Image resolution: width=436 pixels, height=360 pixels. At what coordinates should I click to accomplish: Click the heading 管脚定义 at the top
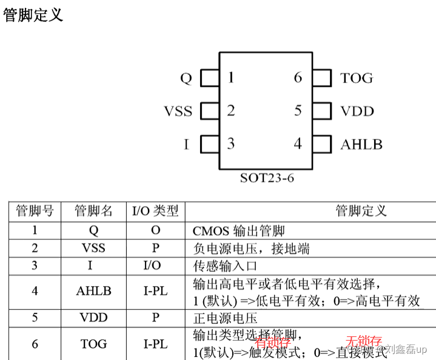pyautogui.click(x=33, y=15)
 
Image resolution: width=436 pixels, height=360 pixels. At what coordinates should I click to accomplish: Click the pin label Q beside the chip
pyautogui.click(x=186, y=78)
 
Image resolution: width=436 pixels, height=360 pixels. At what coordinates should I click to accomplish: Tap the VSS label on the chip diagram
pyautogui.click(x=178, y=112)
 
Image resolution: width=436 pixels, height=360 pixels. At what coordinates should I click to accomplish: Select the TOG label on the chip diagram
pyautogui.click(x=357, y=78)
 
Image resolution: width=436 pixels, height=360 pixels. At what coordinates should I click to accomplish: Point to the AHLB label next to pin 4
pyautogui.click(x=361, y=145)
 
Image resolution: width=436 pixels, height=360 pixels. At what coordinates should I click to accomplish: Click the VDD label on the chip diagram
pyautogui.click(x=357, y=112)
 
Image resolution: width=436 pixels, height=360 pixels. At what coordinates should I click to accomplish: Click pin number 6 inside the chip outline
pyautogui.click(x=298, y=78)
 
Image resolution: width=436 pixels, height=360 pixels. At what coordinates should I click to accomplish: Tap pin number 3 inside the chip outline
pyautogui.click(x=231, y=144)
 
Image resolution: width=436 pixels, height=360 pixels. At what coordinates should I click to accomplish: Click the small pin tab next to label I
pyautogui.click(x=209, y=144)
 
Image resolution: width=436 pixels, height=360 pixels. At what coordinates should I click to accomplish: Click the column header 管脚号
pyautogui.click(x=35, y=212)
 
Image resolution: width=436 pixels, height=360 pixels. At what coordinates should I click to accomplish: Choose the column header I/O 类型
pyautogui.click(x=155, y=212)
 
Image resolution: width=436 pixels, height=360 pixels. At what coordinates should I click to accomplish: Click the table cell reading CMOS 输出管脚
pyautogui.click(x=238, y=231)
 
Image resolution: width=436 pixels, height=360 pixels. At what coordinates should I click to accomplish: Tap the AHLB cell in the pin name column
pyautogui.click(x=93, y=291)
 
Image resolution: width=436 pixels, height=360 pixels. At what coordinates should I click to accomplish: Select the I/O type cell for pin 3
pyautogui.click(x=155, y=265)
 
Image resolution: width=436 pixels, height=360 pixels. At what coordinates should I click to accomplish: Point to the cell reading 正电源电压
pyautogui.click(x=225, y=318)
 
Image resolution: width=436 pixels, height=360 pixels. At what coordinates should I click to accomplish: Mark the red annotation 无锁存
pyautogui.click(x=364, y=341)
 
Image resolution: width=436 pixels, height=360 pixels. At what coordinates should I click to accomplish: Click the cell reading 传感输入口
pyautogui.click(x=225, y=265)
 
